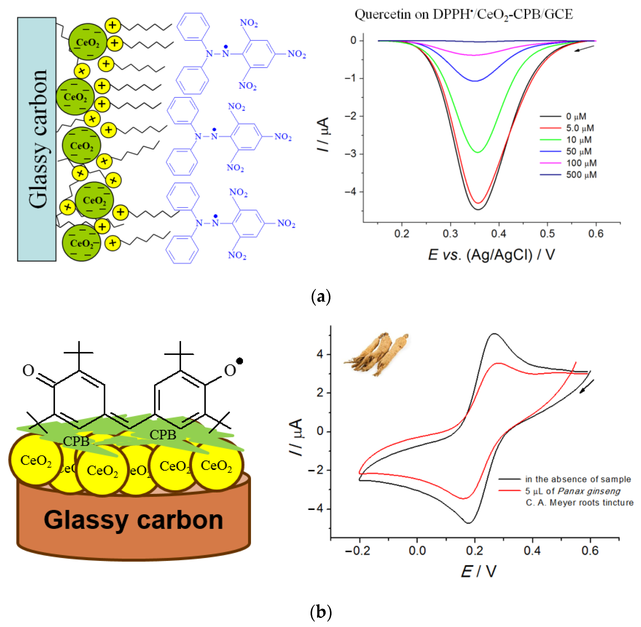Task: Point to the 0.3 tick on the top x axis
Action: (450, 234)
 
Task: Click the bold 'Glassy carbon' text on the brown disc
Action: (133, 520)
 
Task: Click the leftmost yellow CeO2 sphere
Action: (36, 460)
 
